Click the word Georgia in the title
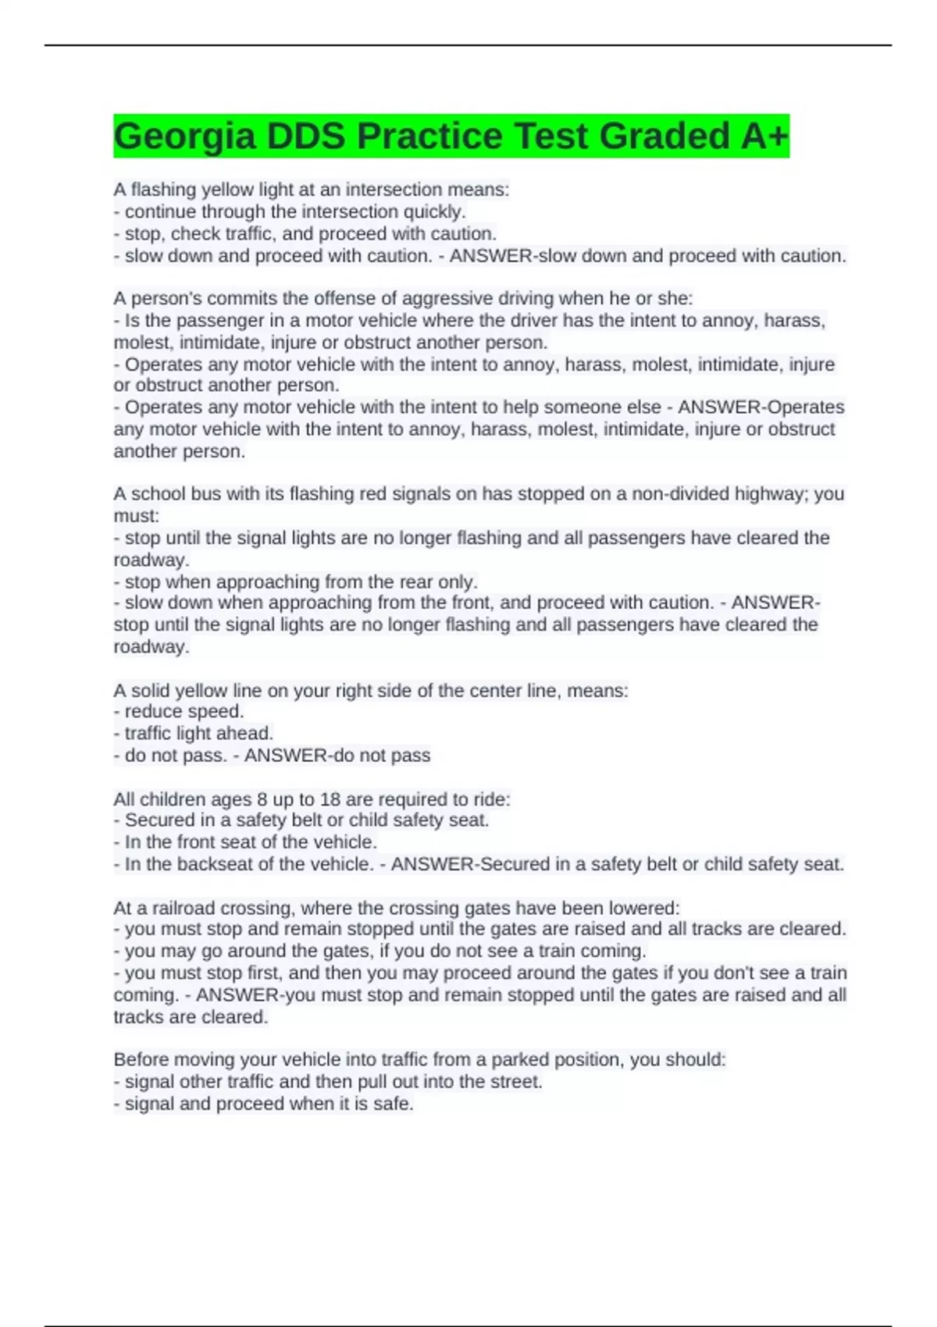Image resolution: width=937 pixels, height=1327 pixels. tap(185, 137)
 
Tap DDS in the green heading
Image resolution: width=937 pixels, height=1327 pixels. tap(305, 137)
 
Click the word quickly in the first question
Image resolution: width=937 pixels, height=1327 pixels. tap(433, 212)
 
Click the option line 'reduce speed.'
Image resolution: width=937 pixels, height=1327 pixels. tap(183, 711)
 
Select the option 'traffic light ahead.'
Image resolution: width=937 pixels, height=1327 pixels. tap(198, 733)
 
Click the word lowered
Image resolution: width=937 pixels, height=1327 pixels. tap(647, 908)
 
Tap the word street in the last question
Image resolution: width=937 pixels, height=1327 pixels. tap(515, 1082)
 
